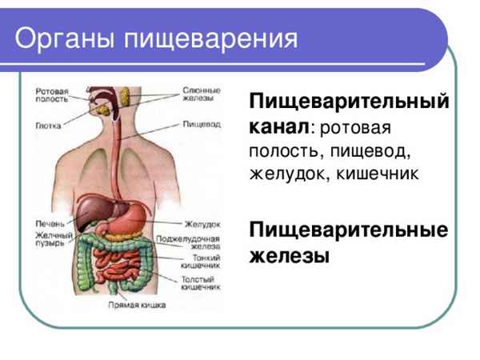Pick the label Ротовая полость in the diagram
pos(50,96)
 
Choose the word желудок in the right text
pos(285,171)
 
